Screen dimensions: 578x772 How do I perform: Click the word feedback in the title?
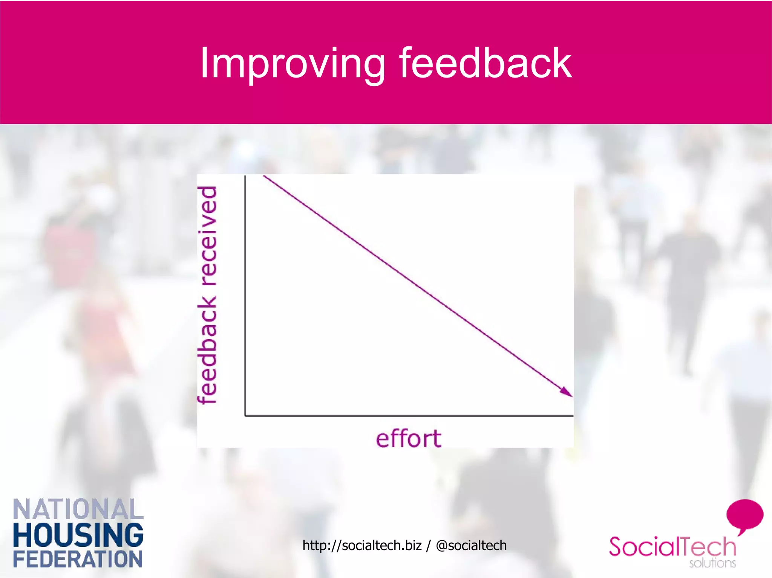[486, 63]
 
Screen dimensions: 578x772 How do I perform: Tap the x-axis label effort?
[408, 439]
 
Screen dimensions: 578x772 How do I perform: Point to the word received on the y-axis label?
[208, 236]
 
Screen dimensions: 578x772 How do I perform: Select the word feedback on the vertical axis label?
[208, 350]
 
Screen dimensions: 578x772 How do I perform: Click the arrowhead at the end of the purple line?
[567, 393]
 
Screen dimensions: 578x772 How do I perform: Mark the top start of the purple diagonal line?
[264, 176]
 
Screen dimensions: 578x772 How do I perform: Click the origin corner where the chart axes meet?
[245, 416]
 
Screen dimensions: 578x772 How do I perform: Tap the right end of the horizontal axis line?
[572, 416]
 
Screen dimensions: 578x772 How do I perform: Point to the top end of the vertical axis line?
[245, 176]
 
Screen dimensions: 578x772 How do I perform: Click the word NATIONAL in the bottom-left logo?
[78, 509]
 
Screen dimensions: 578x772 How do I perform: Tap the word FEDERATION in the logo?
[78, 559]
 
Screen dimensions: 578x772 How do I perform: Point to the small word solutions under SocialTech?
[712, 563]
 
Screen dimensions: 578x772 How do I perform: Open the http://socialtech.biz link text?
[362, 545]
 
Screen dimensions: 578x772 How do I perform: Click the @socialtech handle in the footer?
[471, 545]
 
